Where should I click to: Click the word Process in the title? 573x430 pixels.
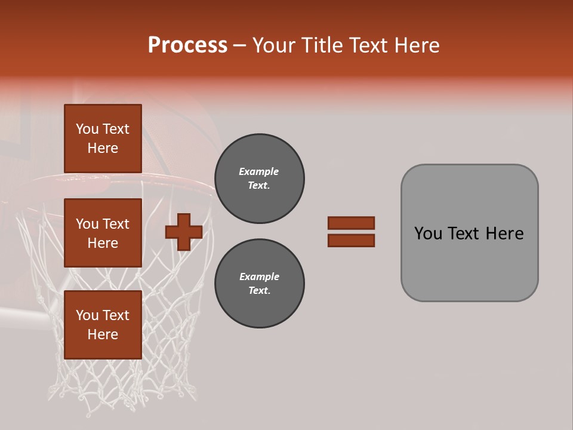pos(187,45)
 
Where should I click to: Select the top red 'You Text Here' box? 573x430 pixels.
pos(103,139)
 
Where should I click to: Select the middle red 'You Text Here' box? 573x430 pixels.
pos(103,233)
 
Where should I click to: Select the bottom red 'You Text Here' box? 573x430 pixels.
pos(103,325)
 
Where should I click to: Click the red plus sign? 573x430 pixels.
pos(184,233)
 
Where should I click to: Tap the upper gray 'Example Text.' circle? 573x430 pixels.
pos(260,179)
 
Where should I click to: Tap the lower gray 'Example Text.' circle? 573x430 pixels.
pos(260,284)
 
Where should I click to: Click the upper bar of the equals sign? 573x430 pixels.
pos(351,223)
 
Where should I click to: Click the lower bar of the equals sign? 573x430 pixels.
pos(351,241)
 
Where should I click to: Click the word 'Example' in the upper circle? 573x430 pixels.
pos(258,172)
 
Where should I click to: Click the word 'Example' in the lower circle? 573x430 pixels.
pos(258,277)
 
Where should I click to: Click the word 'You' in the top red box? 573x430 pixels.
pos(87,129)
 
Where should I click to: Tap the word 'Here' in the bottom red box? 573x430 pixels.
pos(103,334)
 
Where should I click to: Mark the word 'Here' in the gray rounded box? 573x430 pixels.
pos(505,234)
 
